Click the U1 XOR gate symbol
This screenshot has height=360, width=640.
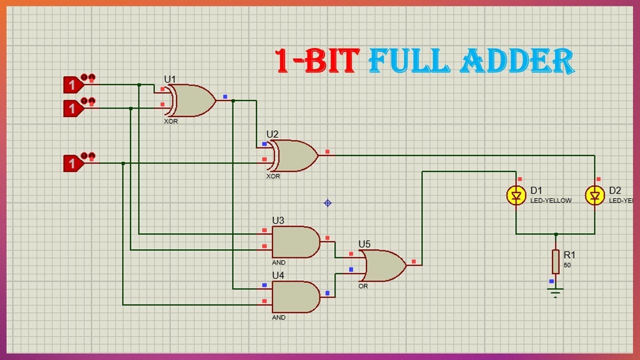(x=192, y=100)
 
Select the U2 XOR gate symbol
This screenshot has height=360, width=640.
(x=295, y=155)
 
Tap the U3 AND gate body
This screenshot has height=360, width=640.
(x=295, y=241)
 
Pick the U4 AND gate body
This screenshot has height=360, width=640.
(x=295, y=297)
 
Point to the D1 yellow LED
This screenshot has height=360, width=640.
(x=516, y=195)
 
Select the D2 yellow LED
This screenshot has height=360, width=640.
(x=594, y=195)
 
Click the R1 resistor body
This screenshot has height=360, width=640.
(x=555, y=261)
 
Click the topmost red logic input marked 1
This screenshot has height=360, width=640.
(x=72, y=85)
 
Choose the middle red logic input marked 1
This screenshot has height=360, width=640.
(x=72, y=108)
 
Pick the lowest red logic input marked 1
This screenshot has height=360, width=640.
(x=72, y=163)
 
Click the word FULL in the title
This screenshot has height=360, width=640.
(x=410, y=62)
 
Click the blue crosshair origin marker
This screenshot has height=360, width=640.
(x=327, y=202)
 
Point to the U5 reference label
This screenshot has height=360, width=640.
(x=364, y=244)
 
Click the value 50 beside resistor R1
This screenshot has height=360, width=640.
(x=567, y=265)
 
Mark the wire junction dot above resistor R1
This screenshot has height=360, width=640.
(x=555, y=234)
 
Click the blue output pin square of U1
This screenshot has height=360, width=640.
(x=225, y=96)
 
